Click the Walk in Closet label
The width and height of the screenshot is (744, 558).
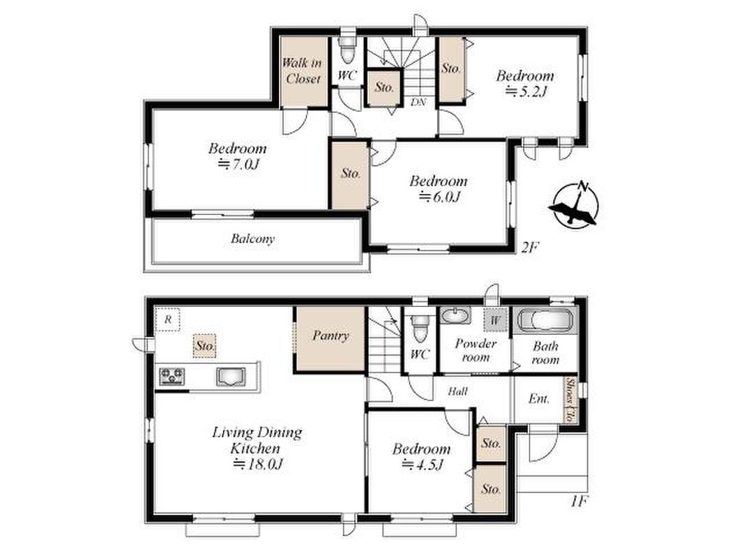[x=302, y=70]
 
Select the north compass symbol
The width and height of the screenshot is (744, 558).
[x=574, y=205]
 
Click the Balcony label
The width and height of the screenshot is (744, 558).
[x=253, y=238]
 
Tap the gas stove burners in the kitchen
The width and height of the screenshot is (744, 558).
[x=172, y=376]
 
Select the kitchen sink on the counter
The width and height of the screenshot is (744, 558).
[x=231, y=377]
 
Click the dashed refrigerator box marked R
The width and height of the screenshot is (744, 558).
[x=167, y=319]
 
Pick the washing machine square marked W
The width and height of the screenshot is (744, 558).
[x=495, y=320]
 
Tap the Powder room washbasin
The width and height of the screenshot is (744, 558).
[x=455, y=315]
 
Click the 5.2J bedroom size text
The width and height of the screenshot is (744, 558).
[x=526, y=91]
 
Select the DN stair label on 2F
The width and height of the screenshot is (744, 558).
[x=418, y=102]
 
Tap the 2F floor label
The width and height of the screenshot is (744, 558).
[x=530, y=248]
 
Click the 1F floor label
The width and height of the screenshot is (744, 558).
[x=579, y=501]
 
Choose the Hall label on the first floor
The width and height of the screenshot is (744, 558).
[x=458, y=391]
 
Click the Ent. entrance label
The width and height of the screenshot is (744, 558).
[x=538, y=399]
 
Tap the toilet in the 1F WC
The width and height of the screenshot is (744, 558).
[x=420, y=328]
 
